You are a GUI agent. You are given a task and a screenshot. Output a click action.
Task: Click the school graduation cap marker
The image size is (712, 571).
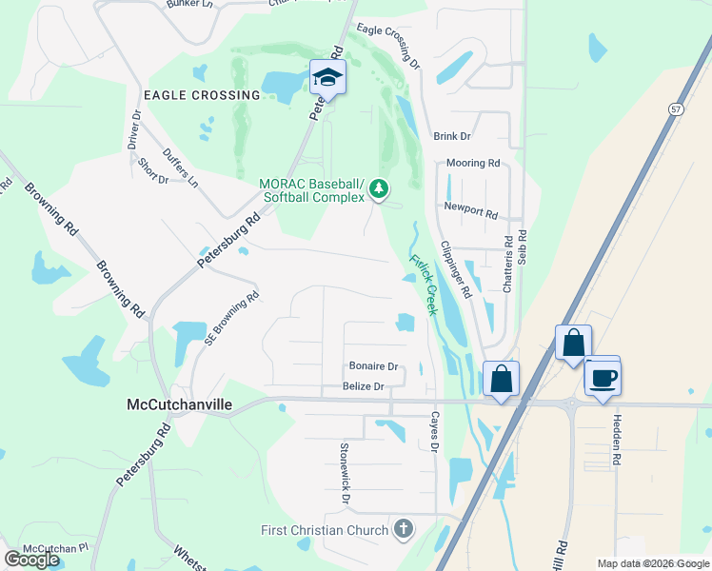coord(326,77)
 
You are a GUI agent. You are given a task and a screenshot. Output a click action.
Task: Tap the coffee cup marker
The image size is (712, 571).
coord(603,378)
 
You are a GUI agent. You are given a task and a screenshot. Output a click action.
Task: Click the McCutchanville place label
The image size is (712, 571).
coord(179,404)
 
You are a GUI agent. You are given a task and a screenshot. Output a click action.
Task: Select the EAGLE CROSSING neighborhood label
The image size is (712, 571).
coord(201,95)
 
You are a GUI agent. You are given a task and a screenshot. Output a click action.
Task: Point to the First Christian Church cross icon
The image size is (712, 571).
coord(403,529)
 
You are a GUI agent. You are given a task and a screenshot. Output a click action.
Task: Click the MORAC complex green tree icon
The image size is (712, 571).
coord(380,189)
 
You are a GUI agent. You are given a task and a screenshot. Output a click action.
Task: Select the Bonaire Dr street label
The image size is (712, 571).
coord(372,366)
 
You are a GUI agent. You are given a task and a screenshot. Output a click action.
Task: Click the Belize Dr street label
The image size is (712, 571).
coord(364,387)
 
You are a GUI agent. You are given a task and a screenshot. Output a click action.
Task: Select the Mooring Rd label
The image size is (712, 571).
coord(472,164)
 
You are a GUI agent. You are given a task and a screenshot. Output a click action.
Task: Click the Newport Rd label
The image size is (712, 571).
coord(470,209)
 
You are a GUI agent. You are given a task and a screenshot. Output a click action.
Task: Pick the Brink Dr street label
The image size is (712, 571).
coord(452,137)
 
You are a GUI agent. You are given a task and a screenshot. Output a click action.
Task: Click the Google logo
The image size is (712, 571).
coord(31,560)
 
